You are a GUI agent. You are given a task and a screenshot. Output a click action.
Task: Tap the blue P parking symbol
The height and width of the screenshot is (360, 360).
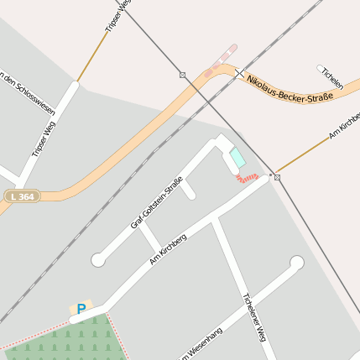coord(81,309)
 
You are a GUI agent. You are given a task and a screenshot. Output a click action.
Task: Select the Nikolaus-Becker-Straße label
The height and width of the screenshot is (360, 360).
coord(290,87)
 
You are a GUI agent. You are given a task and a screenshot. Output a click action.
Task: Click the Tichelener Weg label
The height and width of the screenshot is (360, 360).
coord(253,317)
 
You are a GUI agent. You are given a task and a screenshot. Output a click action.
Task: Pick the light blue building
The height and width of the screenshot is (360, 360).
coord(238,158)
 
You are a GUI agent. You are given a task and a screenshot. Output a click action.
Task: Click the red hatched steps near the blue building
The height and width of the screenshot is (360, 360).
coord(247,177)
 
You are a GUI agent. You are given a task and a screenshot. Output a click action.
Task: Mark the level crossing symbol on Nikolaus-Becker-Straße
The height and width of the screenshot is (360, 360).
coord(239,73)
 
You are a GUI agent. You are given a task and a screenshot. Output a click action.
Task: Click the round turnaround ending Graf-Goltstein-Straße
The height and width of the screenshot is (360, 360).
coord(98,260)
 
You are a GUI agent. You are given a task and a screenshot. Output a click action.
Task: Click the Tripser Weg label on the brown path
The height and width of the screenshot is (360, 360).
coord(117,17)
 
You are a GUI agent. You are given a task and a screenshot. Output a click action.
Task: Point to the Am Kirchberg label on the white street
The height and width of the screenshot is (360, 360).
coord(168,249)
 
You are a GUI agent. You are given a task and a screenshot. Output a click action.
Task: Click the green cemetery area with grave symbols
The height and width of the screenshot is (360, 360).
coord(76,342)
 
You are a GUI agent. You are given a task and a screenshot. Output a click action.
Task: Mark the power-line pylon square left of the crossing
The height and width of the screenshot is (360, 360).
coord(182,75)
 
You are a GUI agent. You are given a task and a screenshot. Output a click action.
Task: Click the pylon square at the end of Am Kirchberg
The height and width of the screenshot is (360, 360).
coord(277,177)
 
